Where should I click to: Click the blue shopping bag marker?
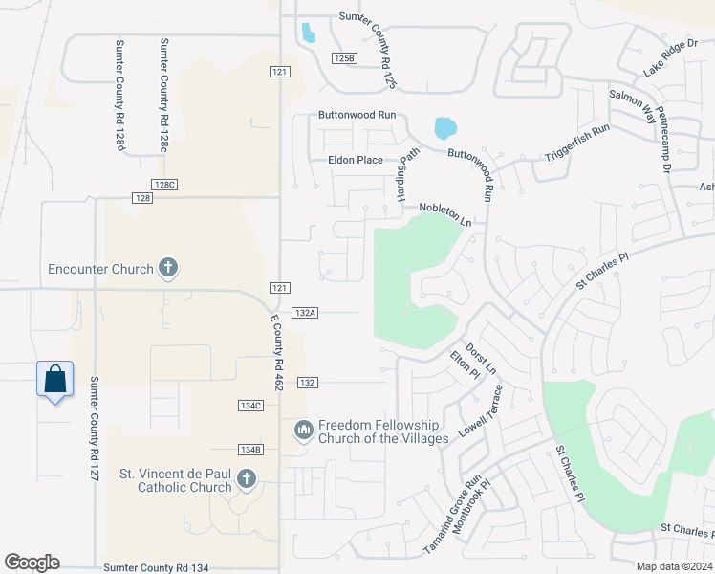click(54, 379)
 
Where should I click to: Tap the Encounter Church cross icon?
click(168, 268)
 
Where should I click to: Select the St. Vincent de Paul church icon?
click(246, 479)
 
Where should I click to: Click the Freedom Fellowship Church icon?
click(303, 431)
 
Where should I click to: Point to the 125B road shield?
click(344, 58)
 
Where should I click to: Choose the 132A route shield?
click(305, 313)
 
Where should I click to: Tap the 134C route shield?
click(250, 406)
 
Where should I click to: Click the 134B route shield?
click(250, 450)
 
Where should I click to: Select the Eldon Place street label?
click(355, 161)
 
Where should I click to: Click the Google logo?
click(32, 563)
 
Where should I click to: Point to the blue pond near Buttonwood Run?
click(444, 127)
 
